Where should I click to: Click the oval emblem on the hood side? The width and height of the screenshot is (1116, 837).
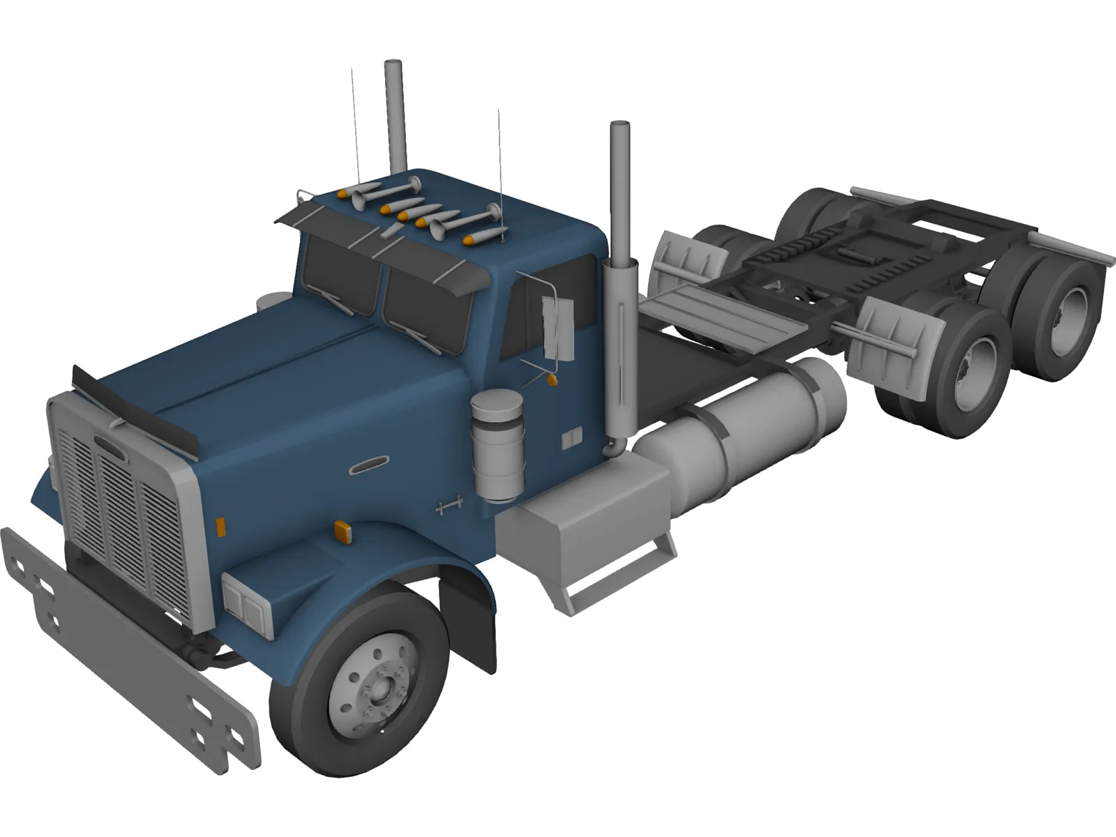369,465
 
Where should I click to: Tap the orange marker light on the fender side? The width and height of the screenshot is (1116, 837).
342,531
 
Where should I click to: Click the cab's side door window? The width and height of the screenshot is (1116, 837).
541,307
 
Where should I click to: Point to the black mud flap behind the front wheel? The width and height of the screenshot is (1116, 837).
469,614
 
